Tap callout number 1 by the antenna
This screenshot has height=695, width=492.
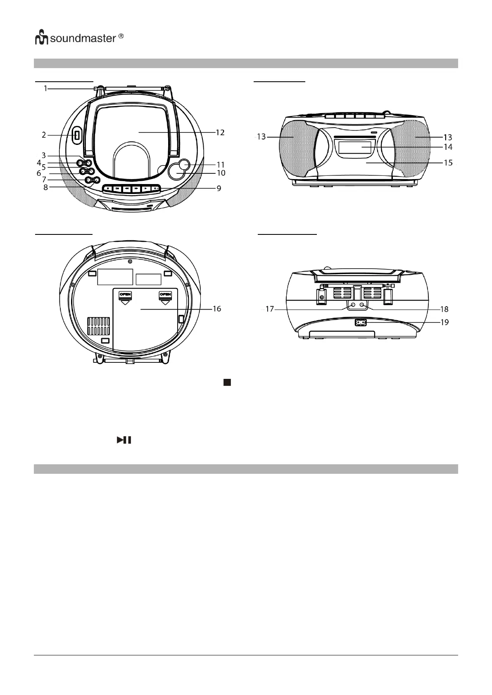[46, 88]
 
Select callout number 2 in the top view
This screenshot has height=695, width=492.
[44, 135]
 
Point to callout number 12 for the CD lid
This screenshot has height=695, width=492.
[220, 132]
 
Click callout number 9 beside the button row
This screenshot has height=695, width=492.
[219, 188]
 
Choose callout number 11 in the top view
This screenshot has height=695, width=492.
[221, 165]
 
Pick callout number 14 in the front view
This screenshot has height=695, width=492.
[448, 147]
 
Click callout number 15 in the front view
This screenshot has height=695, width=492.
[448, 163]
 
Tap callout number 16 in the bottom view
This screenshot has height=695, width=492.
[217, 309]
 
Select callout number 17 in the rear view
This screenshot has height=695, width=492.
[270, 309]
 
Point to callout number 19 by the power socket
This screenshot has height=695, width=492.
[444, 322]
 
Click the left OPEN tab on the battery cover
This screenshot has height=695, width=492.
[125, 295]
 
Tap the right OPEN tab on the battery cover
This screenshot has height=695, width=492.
[165, 295]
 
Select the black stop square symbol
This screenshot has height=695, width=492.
[227, 383]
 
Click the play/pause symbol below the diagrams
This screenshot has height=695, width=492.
[124, 440]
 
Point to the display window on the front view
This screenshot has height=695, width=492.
[354, 147]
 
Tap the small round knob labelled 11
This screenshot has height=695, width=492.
[184, 165]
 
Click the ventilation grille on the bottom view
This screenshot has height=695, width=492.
[99, 326]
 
